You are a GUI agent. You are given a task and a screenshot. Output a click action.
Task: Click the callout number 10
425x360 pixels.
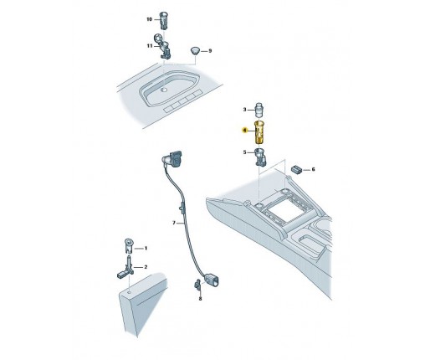point(149,19)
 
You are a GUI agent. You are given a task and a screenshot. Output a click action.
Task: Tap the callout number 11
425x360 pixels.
point(150,46)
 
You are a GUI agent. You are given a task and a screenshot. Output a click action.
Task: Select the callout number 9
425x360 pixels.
point(210,51)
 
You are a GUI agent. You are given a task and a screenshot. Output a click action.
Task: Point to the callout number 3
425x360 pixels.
point(244,110)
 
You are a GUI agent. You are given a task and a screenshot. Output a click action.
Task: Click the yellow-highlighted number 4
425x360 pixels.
point(244,131)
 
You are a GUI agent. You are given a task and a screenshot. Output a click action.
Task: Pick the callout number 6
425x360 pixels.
point(313,169)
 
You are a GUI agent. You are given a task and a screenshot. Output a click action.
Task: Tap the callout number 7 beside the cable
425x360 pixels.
point(174,223)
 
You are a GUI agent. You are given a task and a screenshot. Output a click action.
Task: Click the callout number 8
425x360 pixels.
point(200,299)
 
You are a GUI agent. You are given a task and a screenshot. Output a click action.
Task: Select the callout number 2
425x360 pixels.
point(146,267)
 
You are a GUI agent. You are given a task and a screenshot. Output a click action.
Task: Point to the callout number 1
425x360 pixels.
point(146,248)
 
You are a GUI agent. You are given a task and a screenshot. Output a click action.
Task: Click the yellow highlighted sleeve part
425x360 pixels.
point(260,132)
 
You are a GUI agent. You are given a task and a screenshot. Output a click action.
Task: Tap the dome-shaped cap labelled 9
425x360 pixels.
point(195,51)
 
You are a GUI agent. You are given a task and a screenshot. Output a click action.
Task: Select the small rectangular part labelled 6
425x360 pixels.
point(296,169)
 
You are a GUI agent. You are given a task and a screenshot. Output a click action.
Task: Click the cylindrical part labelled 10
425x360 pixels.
point(163,20)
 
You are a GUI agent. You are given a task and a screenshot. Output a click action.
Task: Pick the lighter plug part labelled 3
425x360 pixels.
point(259,111)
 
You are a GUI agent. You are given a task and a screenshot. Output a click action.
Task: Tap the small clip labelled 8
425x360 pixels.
point(197,284)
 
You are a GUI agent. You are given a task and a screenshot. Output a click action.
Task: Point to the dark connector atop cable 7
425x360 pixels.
point(172,158)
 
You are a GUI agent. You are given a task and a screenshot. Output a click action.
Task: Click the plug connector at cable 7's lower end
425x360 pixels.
point(211,280)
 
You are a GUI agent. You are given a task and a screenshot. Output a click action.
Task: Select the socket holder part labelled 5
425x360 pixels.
point(260,157)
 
